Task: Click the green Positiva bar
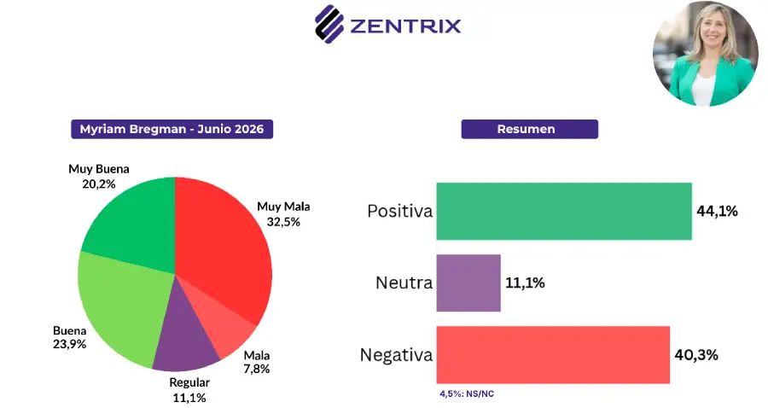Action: tap(564, 211)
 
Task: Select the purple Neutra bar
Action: tap(468, 283)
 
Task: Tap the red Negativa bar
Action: tap(552, 354)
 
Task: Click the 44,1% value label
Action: tap(717, 211)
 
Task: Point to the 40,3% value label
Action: tap(696, 354)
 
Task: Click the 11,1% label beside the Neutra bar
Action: tap(525, 283)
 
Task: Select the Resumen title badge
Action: tap(529, 129)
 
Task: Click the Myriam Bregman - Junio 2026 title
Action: tap(172, 129)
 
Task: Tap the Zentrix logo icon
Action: tap(329, 24)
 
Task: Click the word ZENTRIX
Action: tap(405, 26)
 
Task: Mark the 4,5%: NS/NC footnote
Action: tap(467, 393)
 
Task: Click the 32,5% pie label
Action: tap(283, 222)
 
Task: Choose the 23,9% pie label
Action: tap(70, 344)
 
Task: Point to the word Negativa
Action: tap(396, 354)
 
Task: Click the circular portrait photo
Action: tap(706, 54)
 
